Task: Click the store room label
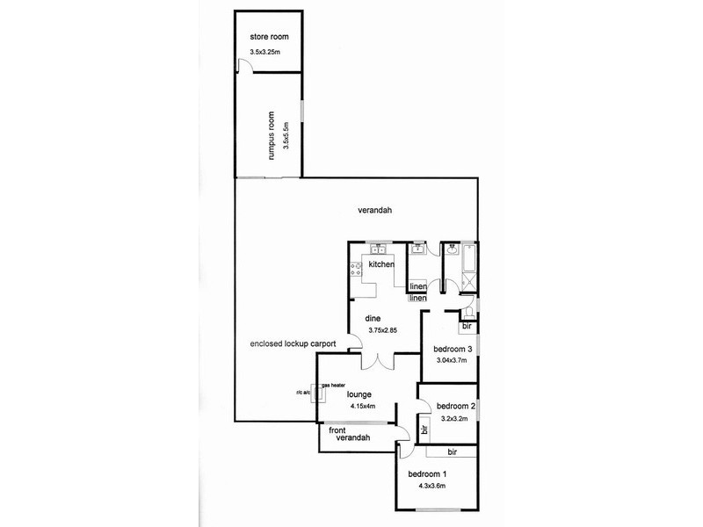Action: tap(269, 37)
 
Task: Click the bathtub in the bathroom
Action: tap(467, 258)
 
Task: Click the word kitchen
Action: tap(380, 264)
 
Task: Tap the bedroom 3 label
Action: tap(453, 350)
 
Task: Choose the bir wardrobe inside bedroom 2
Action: tap(424, 430)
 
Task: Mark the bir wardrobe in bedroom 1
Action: tap(452, 451)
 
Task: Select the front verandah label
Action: tap(349, 434)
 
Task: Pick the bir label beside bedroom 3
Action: tap(466, 328)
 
